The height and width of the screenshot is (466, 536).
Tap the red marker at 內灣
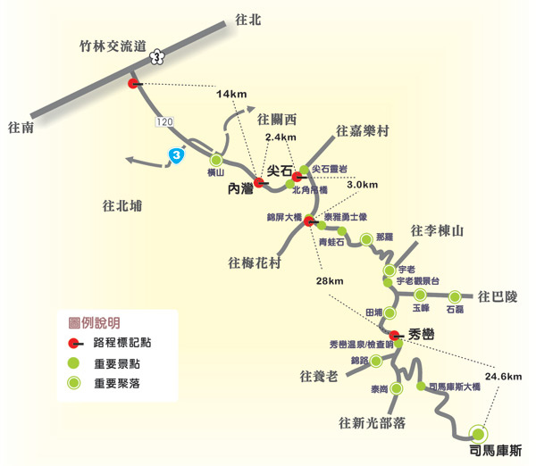pos(258,182)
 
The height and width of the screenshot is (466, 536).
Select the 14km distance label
pos(230,95)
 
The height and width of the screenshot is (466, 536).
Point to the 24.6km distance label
pos(503,377)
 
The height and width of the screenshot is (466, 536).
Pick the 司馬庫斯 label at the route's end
pos(495,450)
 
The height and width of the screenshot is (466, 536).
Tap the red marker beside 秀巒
pos(394,335)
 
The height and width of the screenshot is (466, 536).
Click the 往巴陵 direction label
pos(498,295)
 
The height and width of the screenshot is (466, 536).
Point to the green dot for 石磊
pos(455,296)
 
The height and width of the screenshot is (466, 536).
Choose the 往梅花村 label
pos(255,262)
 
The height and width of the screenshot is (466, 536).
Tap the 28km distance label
pos(329,282)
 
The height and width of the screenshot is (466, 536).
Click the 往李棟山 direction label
pos(439,231)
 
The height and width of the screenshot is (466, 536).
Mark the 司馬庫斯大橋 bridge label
pos(455,387)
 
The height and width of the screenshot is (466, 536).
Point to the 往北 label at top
pos(246,19)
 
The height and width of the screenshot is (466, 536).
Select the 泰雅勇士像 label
pos(342,217)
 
